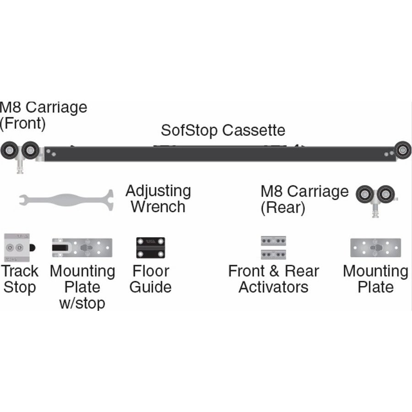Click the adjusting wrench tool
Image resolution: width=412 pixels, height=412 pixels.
pos(66,200)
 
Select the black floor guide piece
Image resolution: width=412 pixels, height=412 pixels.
pos(150,248)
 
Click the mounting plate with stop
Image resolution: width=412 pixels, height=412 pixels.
pos(82,248)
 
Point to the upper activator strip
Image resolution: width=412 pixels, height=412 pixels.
pos(273,241)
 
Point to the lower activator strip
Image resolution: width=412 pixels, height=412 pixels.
pos(273,254)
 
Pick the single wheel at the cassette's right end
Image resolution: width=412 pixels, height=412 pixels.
pos(403,150)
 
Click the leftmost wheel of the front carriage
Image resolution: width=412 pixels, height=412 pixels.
pos(9,150)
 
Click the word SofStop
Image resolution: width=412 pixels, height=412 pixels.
pos(189,130)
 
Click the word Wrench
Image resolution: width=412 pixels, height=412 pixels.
pos(158,207)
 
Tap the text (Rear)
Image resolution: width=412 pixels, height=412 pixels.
pos(282,208)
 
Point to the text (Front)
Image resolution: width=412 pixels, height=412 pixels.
pos(23,124)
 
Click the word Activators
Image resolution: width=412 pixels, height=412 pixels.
pos(273,287)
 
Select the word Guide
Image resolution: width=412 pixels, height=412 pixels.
pos(151,287)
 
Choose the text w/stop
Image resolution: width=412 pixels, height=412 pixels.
pos(82,303)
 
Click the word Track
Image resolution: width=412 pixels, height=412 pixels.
pos(20,271)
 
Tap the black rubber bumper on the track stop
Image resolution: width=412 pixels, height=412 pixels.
pos(33,248)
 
